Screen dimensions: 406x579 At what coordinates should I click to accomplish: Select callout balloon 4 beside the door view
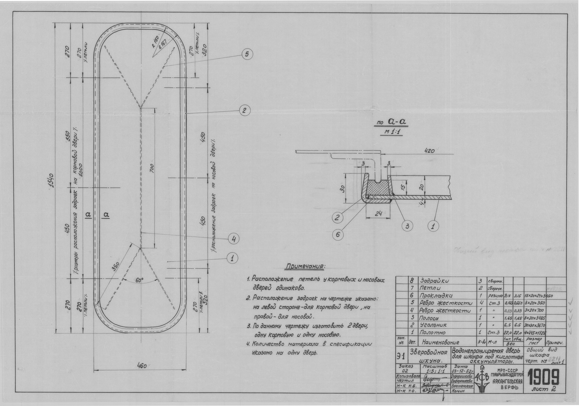[x=234, y=239]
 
